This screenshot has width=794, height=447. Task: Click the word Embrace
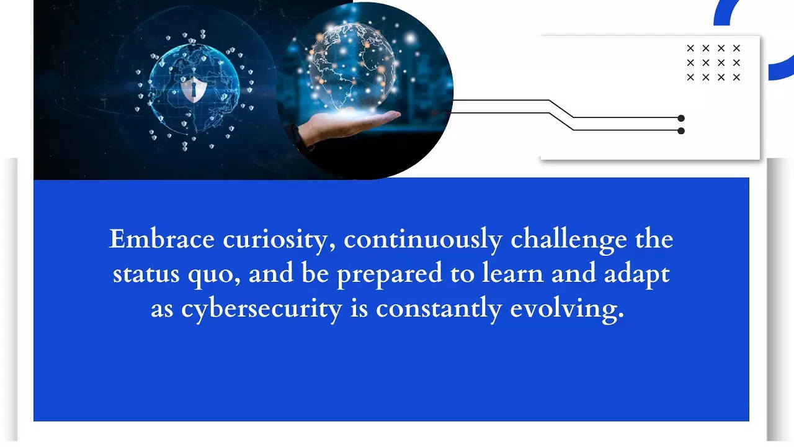[162, 239]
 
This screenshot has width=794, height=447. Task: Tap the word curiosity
[279, 242]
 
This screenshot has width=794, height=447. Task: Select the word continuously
[423, 242]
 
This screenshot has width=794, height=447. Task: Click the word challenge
[569, 242]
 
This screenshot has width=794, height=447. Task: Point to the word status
[146, 274]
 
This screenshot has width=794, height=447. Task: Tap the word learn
[512, 273]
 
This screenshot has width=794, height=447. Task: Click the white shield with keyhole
[193, 89]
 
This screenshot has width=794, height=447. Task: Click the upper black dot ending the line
[681, 118]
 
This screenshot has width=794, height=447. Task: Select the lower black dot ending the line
[681, 131]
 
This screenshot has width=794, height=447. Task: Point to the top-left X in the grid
[690, 48]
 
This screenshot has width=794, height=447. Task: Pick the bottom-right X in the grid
[736, 77]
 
